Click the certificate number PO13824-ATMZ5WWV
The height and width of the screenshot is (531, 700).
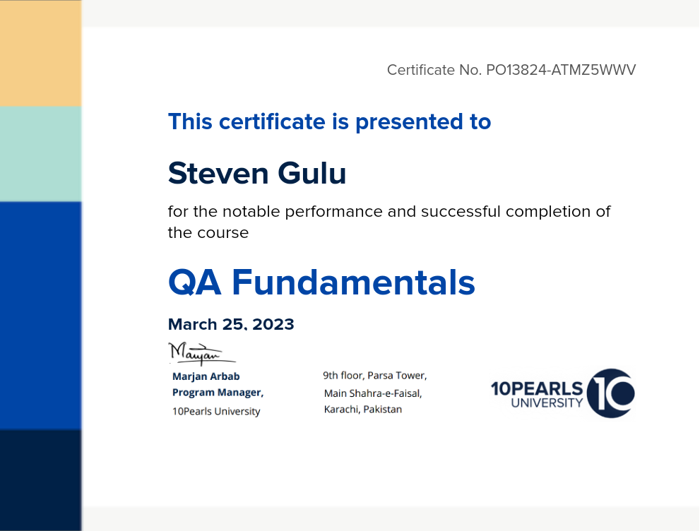click(x=561, y=70)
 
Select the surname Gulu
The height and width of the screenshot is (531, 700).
click(x=312, y=173)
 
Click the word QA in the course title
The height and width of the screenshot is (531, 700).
click(x=195, y=282)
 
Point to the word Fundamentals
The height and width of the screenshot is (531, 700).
click(x=354, y=282)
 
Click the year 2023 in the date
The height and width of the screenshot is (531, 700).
click(x=273, y=324)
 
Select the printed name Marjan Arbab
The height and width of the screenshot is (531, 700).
click(x=206, y=376)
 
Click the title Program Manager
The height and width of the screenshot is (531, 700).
click(x=218, y=392)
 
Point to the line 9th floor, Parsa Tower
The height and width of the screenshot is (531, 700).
click(x=375, y=375)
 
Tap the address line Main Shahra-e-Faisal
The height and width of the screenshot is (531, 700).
click(x=373, y=393)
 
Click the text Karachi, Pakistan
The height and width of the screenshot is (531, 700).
click(x=363, y=409)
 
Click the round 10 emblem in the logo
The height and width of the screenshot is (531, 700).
click(x=611, y=393)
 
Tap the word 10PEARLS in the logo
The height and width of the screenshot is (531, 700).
click(x=537, y=388)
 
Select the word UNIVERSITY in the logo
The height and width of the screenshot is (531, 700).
click(x=547, y=403)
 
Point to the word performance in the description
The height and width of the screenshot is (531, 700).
click(x=333, y=212)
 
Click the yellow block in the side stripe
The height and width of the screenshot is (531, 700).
click(x=41, y=53)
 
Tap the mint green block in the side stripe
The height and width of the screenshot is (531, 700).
click(x=41, y=154)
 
